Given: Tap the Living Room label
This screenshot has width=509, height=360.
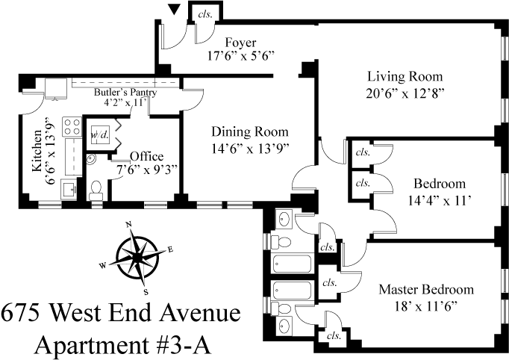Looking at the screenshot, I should coord(405,76).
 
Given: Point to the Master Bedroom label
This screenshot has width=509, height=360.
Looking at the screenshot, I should coord(426,289).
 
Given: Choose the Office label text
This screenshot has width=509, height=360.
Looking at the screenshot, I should coord(146,155).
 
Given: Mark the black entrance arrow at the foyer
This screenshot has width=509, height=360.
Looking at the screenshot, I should coord(175,10).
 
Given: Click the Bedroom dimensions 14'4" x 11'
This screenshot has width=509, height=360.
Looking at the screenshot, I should coord(440,199).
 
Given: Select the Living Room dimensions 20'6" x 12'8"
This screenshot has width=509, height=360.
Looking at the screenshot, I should coord(405,93).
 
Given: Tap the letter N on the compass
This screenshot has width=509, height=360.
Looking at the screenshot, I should coord(128,224).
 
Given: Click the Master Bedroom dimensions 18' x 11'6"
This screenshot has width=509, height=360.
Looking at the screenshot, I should coord(426,305).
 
